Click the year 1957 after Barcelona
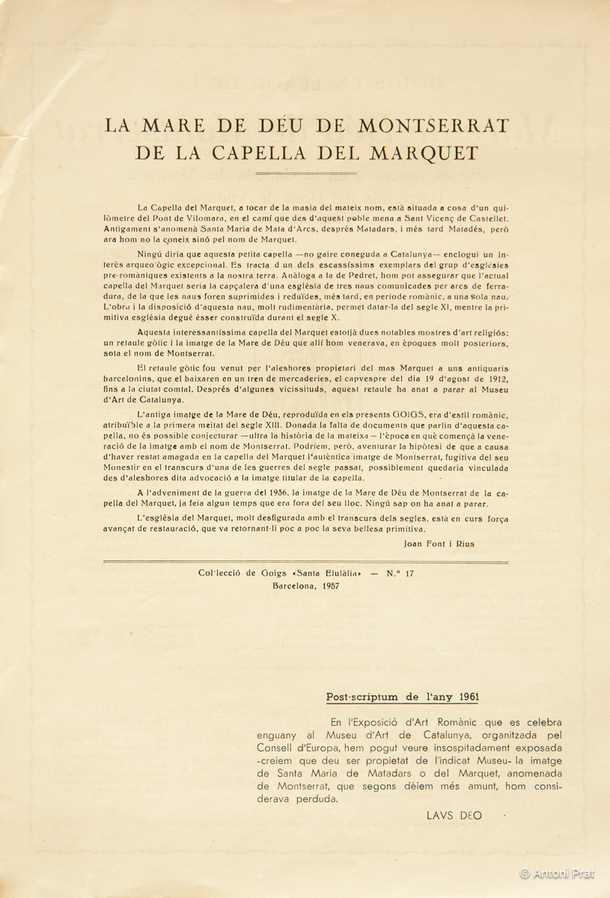326,586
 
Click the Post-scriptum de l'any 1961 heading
403,697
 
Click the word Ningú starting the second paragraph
152,254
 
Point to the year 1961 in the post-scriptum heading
465,697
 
